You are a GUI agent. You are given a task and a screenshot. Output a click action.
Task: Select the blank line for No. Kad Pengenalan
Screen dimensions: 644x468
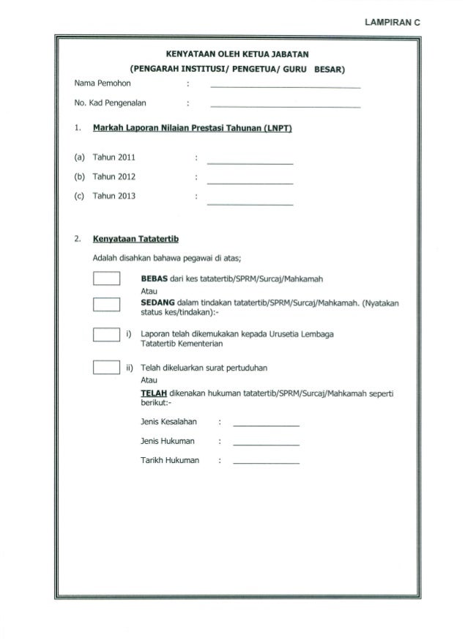pos(285,106)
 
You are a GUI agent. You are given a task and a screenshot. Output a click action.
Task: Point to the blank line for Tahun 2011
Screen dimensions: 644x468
pos(250,162)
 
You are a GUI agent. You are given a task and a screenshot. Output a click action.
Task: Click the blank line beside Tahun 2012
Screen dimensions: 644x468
pos(250,182)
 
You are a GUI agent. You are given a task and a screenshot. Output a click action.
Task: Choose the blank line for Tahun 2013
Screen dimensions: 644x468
pos(250,201)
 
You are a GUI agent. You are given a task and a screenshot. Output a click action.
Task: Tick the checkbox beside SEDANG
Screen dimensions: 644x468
pos(107,305)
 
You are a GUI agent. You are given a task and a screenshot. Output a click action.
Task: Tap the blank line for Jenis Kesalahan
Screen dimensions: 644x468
pos(265,425)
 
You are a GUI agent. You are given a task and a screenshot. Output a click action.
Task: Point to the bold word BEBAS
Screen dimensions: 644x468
pos(155,279)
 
